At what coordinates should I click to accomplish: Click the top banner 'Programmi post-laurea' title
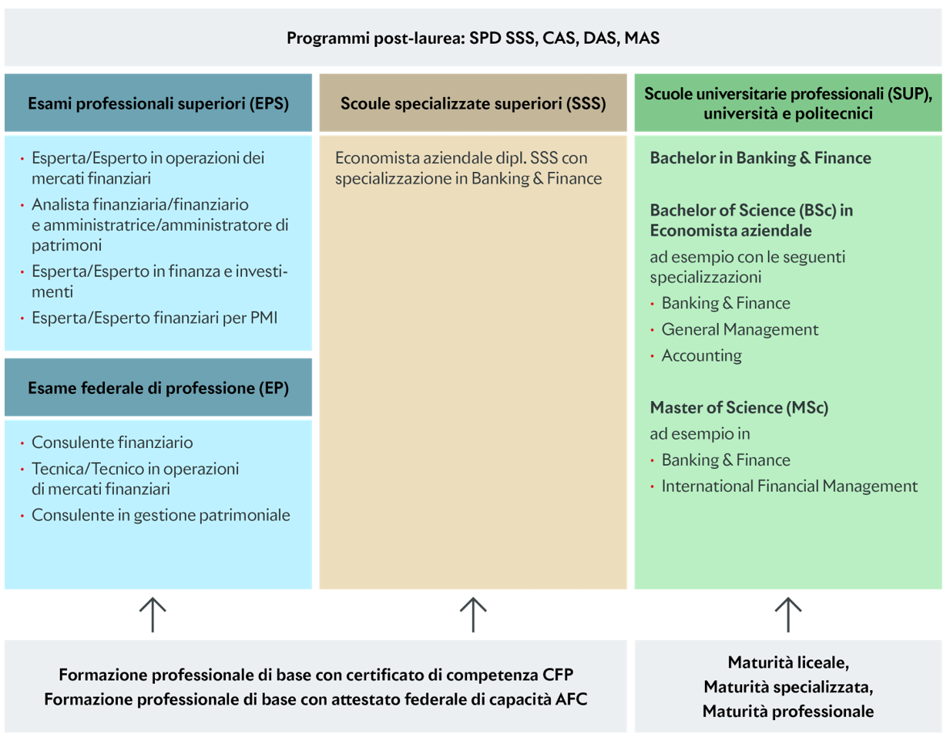(x=472, y=39)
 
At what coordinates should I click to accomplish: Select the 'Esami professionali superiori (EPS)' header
(x=158, y=103)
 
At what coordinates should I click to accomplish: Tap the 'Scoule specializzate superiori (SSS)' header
(x=472, y=103)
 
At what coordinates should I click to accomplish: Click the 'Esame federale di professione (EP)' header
(x=158, y=388)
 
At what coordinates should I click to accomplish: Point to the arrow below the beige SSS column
(x=473, y=615)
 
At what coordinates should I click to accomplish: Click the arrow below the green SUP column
(x=787, y=615)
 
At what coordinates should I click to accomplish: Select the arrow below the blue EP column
(x=153, y=615)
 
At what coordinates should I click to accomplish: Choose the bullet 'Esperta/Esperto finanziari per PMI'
(x=154, y=318)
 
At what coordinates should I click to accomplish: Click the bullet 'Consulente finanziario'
(x=112, y=443)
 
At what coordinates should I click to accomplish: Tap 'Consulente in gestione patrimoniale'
(x=160, y=515)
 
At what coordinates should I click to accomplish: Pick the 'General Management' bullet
(x=740, y=330)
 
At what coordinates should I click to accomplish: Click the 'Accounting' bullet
(x=701, y=356)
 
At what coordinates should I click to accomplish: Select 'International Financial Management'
(x=789, y=487)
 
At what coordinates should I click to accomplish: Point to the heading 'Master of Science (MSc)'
(x=738, y=408)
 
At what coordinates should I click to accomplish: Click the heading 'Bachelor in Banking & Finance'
(x=760, y=158)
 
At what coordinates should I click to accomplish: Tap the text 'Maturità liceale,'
(x=787, y=662)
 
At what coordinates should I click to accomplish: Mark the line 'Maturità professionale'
(x=787, y=712)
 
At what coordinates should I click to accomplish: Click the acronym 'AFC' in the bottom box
(x=571, y=699)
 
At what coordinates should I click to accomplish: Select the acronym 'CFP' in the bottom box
(x=556, y=675)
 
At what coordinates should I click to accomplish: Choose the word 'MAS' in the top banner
(x=642, y=39)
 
